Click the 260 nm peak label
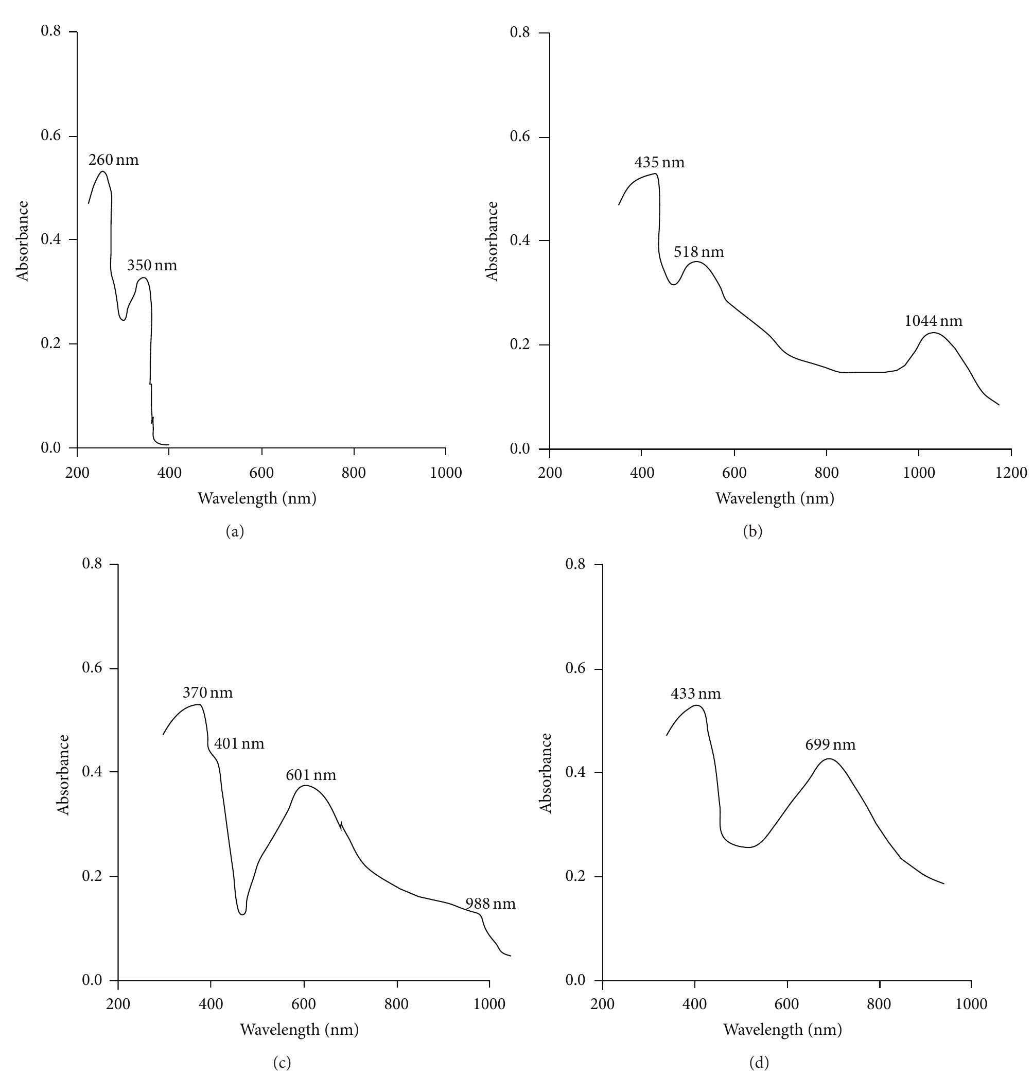tap(114, 160)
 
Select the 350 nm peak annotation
tap(152, 266)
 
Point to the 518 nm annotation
tap(698, 252)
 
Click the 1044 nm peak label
tap(933, 321)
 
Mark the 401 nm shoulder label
tap(238, 744)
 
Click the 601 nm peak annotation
tap(310, 775)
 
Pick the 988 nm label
tap(490, 904)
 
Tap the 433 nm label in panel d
tap(695, 694)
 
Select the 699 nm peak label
tap(830, 745)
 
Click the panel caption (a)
tap(235, 531)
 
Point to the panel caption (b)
tap(752, 531)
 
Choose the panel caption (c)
tap(282, 1063)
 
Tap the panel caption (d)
tap(759, 1063)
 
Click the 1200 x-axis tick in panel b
tap(1011, 473)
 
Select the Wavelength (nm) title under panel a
tap(257, 498)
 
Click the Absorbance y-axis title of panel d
tap(546, 773)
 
